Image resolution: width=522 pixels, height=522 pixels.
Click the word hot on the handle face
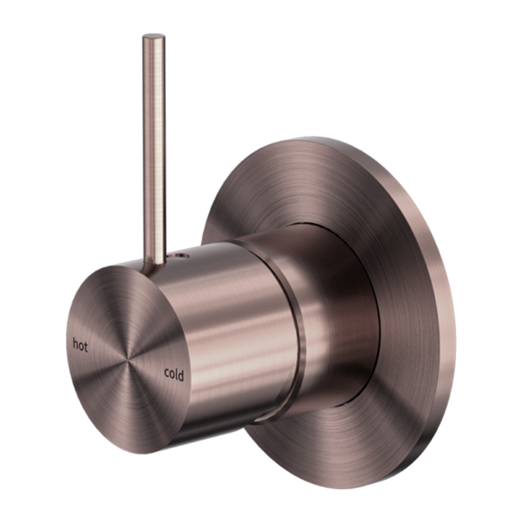click(80, 346)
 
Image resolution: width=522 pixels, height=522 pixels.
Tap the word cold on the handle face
click(174, 374)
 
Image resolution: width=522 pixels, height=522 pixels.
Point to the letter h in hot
click(75, 345)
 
